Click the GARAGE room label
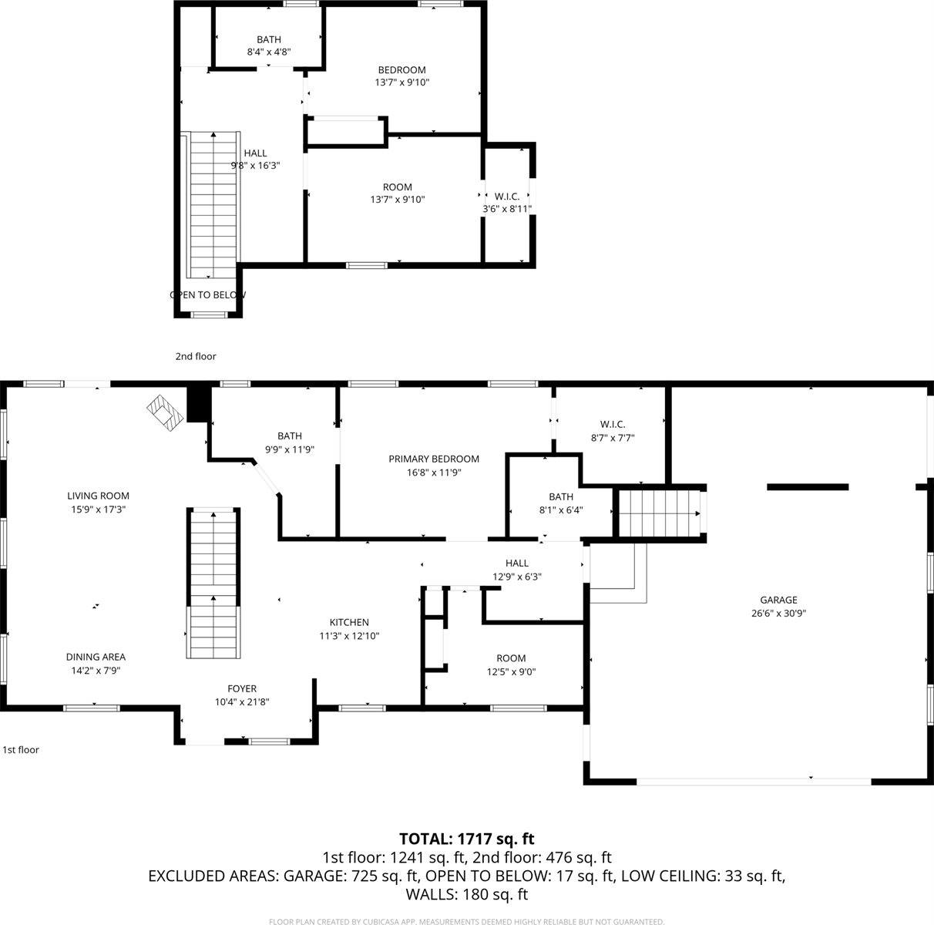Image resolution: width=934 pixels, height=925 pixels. [778, 600]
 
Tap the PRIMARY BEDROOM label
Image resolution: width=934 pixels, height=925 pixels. [434, 459]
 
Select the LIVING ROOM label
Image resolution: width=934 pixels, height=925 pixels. [98, 496]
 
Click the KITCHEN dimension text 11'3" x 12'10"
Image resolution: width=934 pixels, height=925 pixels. [349, 636]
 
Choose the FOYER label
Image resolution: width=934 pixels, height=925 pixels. [242, 688]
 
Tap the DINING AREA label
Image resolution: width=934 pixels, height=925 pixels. [96, 657]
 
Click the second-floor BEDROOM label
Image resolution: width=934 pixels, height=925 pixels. [401, 69]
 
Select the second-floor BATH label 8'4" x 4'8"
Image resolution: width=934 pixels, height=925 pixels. [269, 39]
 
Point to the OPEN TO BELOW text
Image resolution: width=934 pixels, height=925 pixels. [208, 294]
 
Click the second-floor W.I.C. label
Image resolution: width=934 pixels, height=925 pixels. [506, 196]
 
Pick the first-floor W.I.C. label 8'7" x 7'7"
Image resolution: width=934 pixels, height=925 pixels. [613, 424]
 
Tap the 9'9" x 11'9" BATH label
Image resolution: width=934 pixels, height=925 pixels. [290, 436]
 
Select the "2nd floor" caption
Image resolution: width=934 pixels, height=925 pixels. [196, 356]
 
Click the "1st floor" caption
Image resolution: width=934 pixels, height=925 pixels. [21, 749]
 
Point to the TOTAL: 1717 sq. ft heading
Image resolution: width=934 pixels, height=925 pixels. [466, 839]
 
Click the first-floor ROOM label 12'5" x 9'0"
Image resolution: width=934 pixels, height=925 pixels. [511, 658]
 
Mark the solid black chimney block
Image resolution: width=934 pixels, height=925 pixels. [199, 403]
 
